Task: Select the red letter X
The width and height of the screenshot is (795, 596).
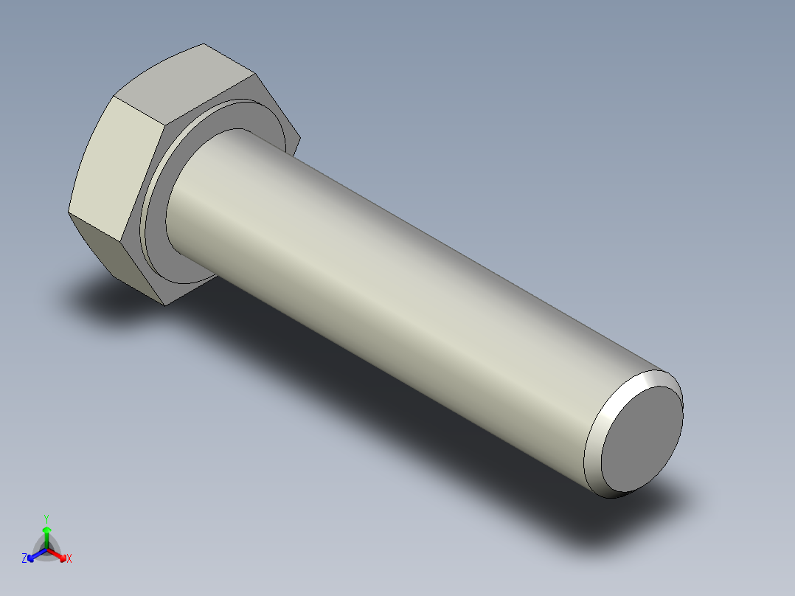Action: pos(69,559)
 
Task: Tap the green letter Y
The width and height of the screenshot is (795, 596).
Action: pos(46,519)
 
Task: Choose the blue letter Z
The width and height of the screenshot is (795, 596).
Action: pos(24,559)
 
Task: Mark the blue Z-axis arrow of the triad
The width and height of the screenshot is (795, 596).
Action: pos(34,555)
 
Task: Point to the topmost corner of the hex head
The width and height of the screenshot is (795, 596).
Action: pos(204,44)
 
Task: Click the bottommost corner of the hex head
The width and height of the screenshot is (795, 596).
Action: pos(165,304)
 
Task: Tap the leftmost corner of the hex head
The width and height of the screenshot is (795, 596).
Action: pos(69,213)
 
